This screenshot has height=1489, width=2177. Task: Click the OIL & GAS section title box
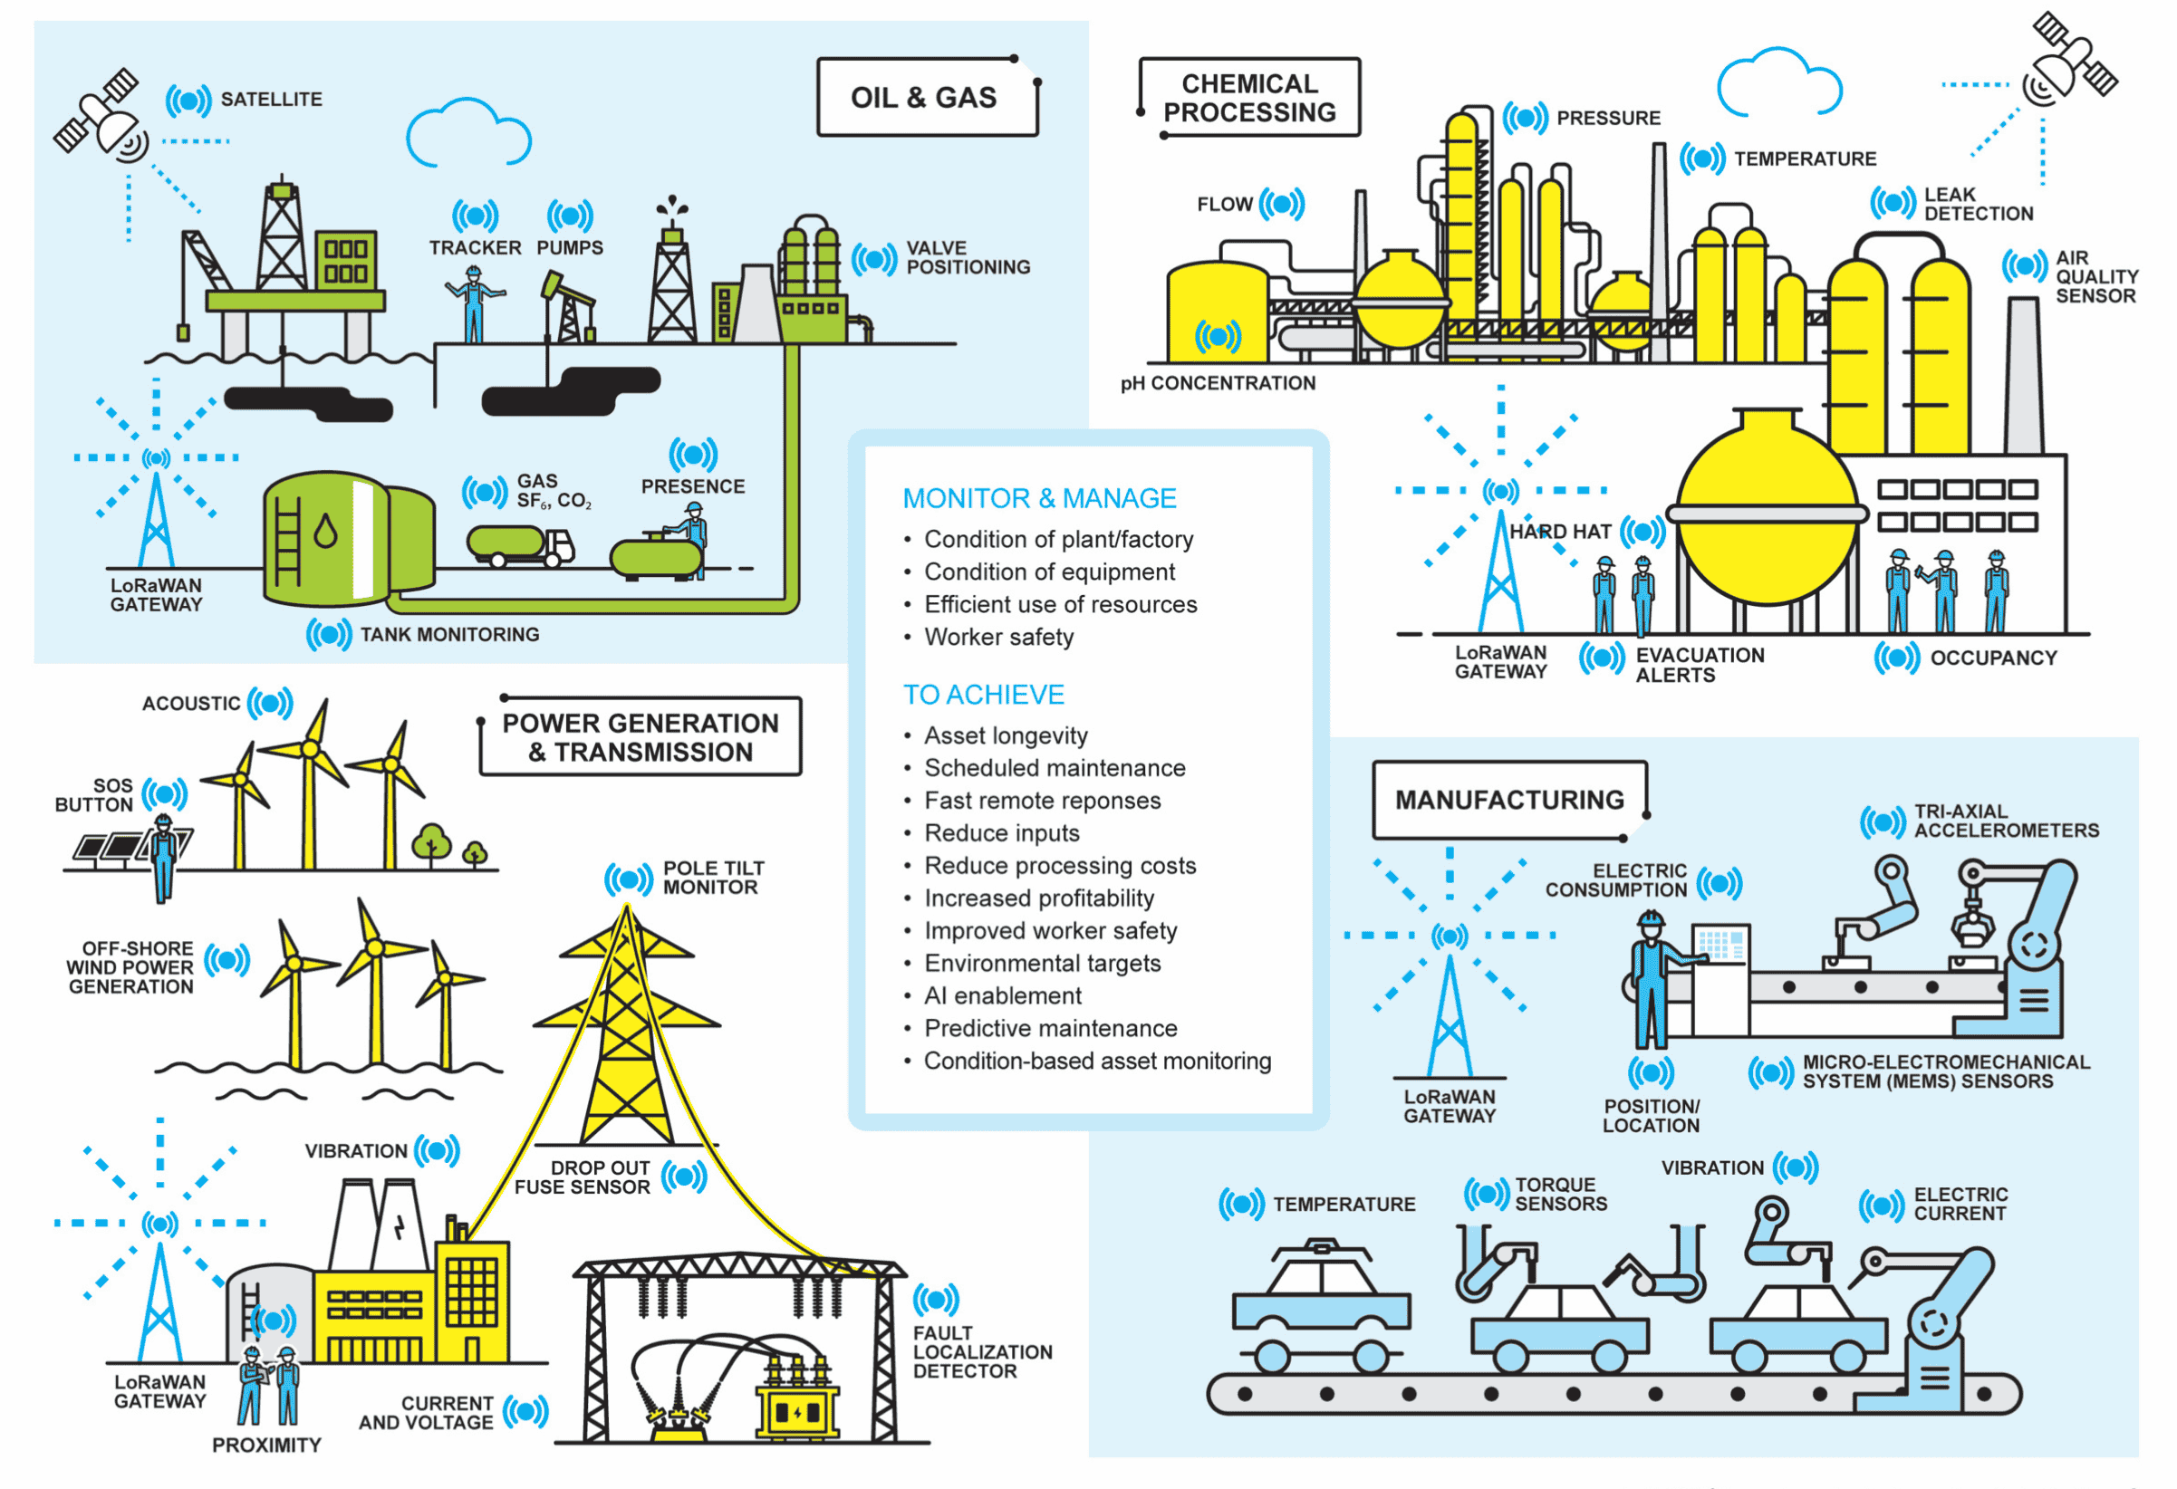click(x=926, y=98)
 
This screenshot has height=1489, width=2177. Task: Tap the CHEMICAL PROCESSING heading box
click(x=1248, y=98)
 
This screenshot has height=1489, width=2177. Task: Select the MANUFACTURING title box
click(x=1509, y=800)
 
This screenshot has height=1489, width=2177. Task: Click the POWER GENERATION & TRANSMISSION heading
click(x=640, y=737)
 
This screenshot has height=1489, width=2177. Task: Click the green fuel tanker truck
click(x=520, y=545)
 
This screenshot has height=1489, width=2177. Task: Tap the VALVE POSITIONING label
click(x=967, y=257)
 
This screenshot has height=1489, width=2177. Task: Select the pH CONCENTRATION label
click(x=1218, y=383)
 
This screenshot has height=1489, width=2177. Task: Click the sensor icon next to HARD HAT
click(x=1643, y=532)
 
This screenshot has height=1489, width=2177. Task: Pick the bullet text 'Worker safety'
click(x=998, y=637)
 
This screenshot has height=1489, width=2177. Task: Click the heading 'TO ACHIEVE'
click(x=983, y=694)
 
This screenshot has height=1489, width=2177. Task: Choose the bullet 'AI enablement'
click(x=1002, y=995)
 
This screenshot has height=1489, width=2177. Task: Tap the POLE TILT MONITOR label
click(x=713, y=878)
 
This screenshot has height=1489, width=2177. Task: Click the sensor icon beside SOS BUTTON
click(x=165, y=794)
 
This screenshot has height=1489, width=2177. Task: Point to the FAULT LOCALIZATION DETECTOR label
click(x=982, y=1351)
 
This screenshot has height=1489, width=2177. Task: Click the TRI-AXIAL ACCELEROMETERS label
click(x=2006, y=821)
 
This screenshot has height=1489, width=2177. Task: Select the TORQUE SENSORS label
click(x=1561, y=1194)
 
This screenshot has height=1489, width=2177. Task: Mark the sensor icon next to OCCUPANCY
click(x=1897, y=658)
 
